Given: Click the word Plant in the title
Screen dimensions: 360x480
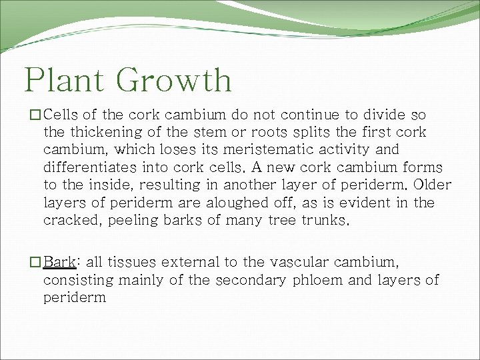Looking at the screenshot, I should pyautogui.click(x=64, y=80).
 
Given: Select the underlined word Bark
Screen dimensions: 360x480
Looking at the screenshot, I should pyautogui.click(x=59, y=262).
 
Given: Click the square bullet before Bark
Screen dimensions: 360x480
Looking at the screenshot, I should pyautogui.click(x=37, y=262).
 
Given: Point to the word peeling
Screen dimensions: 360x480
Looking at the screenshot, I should pyautogui.click(x=123, y=221).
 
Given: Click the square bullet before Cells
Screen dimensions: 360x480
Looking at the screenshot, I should pyautogui.click(x=37, y=115).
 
